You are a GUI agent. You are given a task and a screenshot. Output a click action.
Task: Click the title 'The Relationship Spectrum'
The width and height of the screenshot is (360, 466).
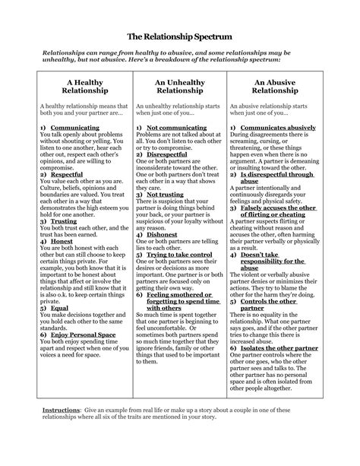pyautogui.click(x=179, y=36)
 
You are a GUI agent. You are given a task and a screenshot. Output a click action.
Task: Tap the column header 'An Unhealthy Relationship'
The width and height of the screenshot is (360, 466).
pyautogui.click(x=180, y=85)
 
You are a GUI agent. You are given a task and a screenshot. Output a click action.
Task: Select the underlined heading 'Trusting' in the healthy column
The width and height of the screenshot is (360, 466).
pyautogui.click(x=64, y=221)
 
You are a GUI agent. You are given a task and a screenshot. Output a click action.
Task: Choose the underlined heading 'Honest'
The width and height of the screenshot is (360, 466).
pyautogui.click(x=62, y=241)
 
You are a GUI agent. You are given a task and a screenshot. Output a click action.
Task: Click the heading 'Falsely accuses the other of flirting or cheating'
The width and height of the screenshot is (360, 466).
pyautogui.click(x=276, y=211)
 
